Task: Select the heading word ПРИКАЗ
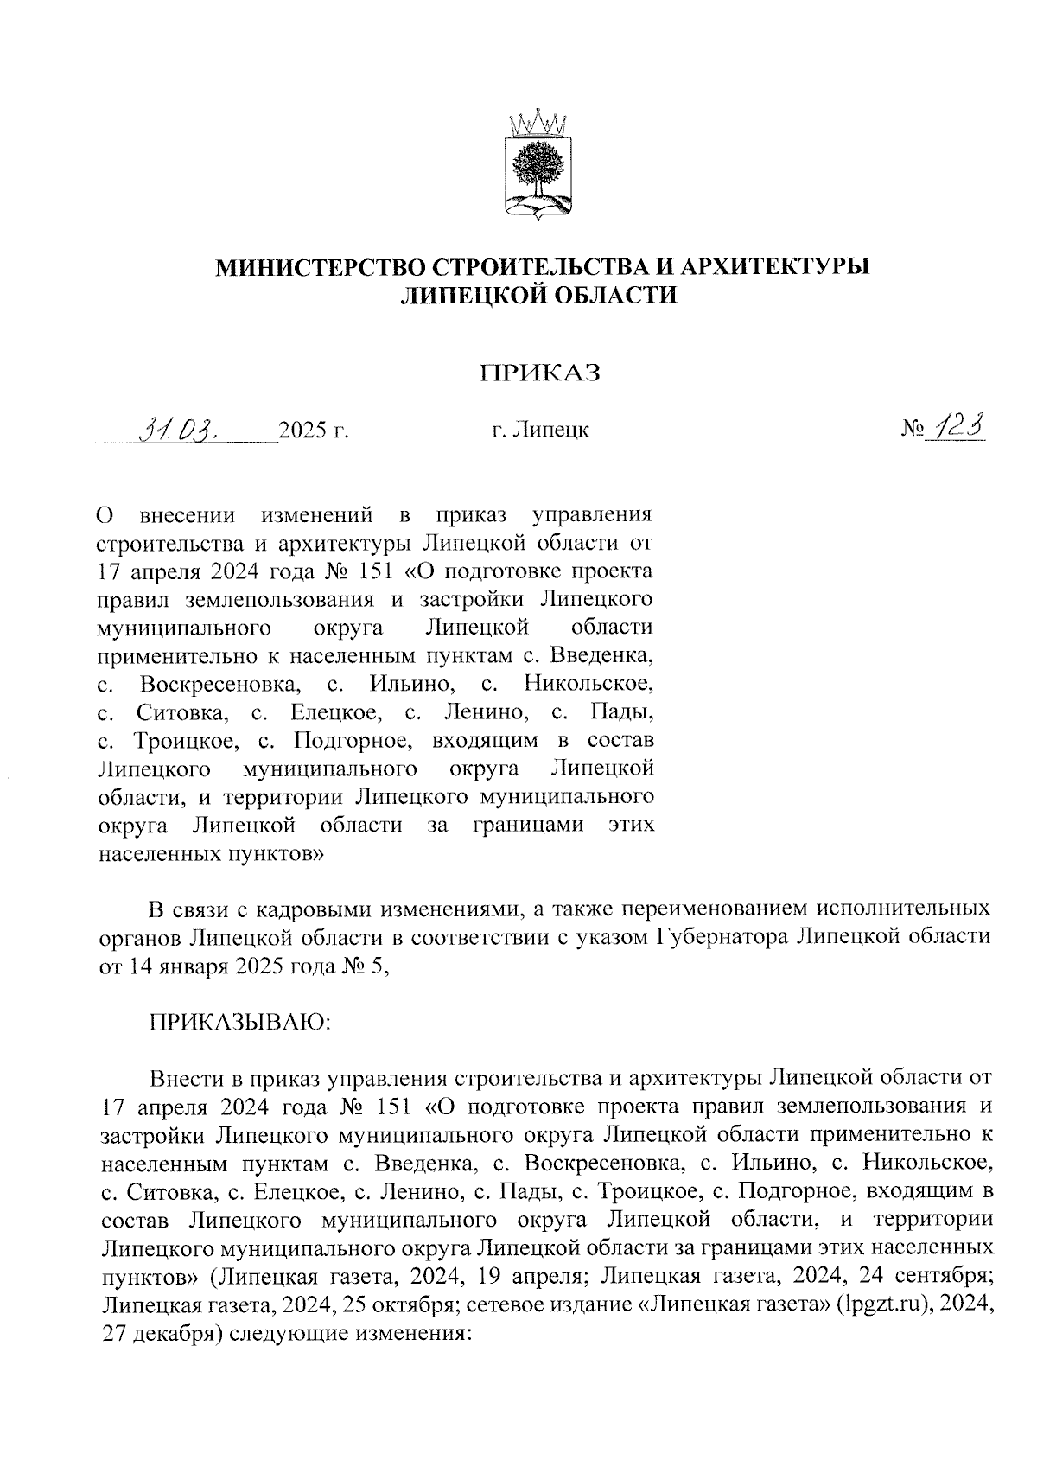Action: tap(540, 373)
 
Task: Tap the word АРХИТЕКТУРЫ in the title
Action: tap(774, 266)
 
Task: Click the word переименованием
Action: tap(716, 909)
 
